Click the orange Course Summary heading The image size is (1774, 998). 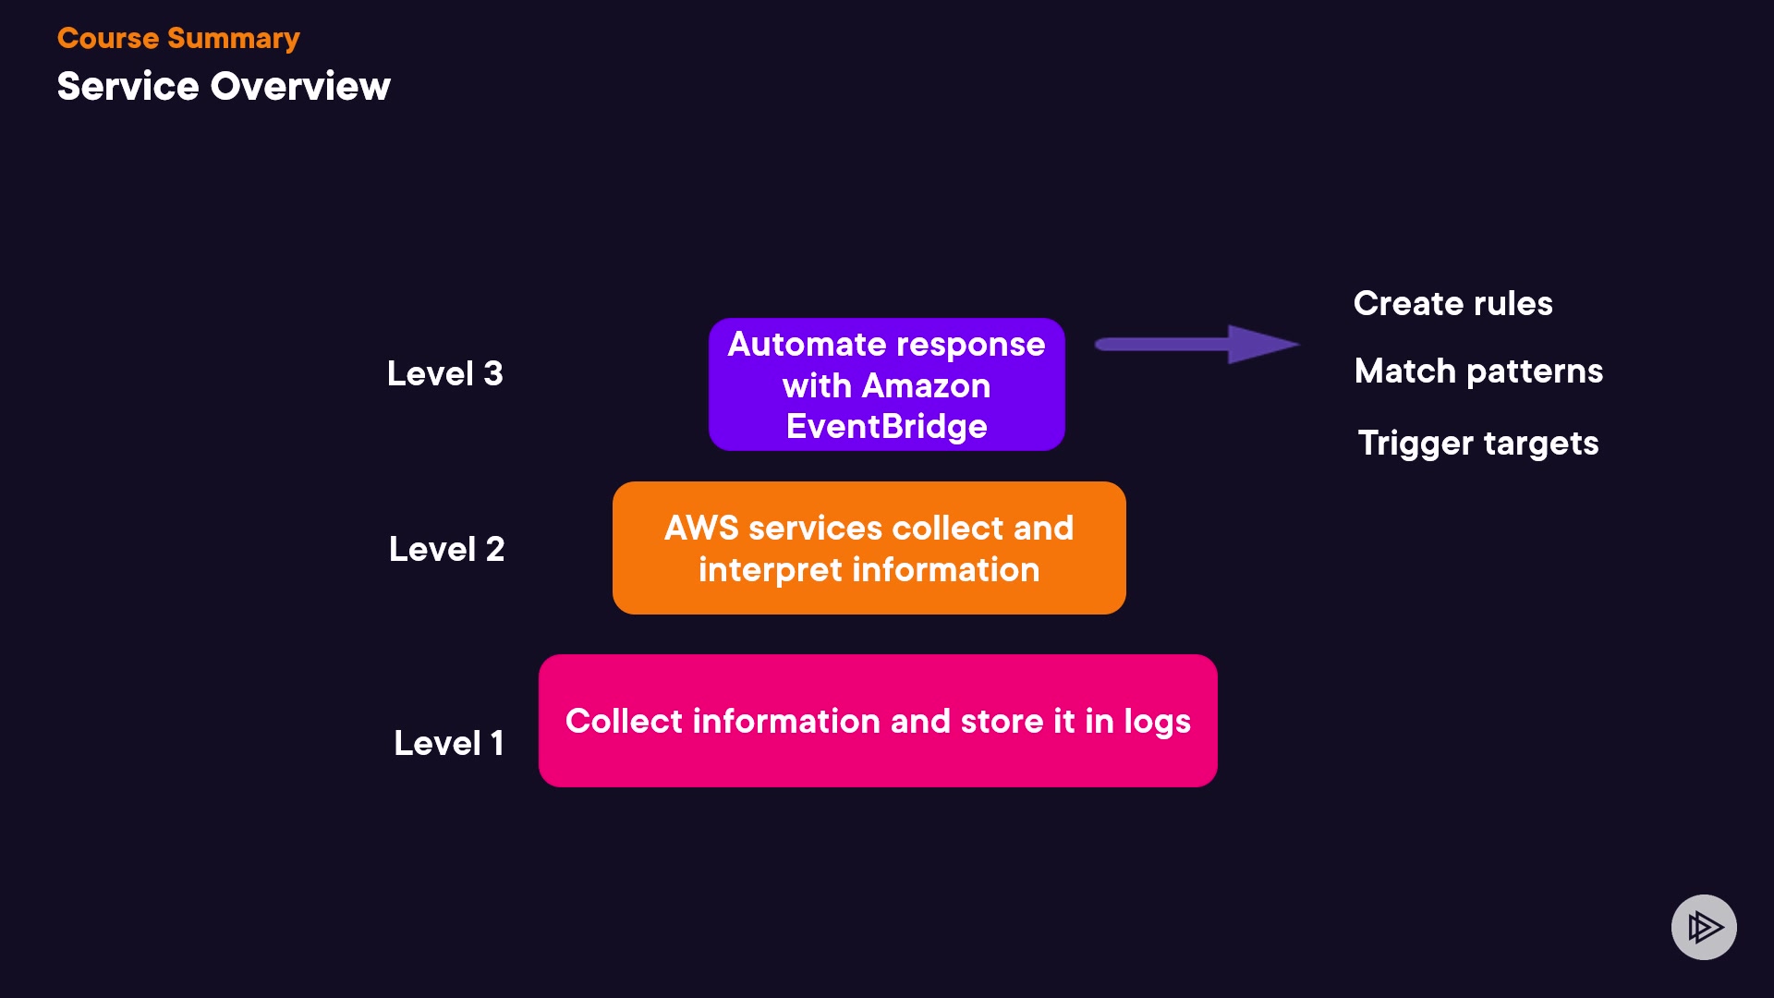(178, 38)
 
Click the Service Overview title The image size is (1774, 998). (224, 86)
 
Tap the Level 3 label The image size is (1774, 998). (444, 373)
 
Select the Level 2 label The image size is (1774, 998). (446, 549)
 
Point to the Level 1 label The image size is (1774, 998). (449, 743)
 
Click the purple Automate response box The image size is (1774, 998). (886, 384)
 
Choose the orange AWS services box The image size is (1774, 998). (869, 548)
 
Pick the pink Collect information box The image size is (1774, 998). (878, 721)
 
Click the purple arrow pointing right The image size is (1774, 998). (1197, 345)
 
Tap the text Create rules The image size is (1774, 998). (1452, 303)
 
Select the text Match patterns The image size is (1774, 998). (1478, 371)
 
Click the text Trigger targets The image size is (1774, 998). (1477, 443)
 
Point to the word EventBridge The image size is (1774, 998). (886, 427)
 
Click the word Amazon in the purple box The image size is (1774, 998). (926, 385)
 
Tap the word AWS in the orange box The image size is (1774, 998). (701, 528)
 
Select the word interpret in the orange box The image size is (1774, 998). (770, 570)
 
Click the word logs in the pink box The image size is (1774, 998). (1157, 722)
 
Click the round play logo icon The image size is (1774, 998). (1704, 927)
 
